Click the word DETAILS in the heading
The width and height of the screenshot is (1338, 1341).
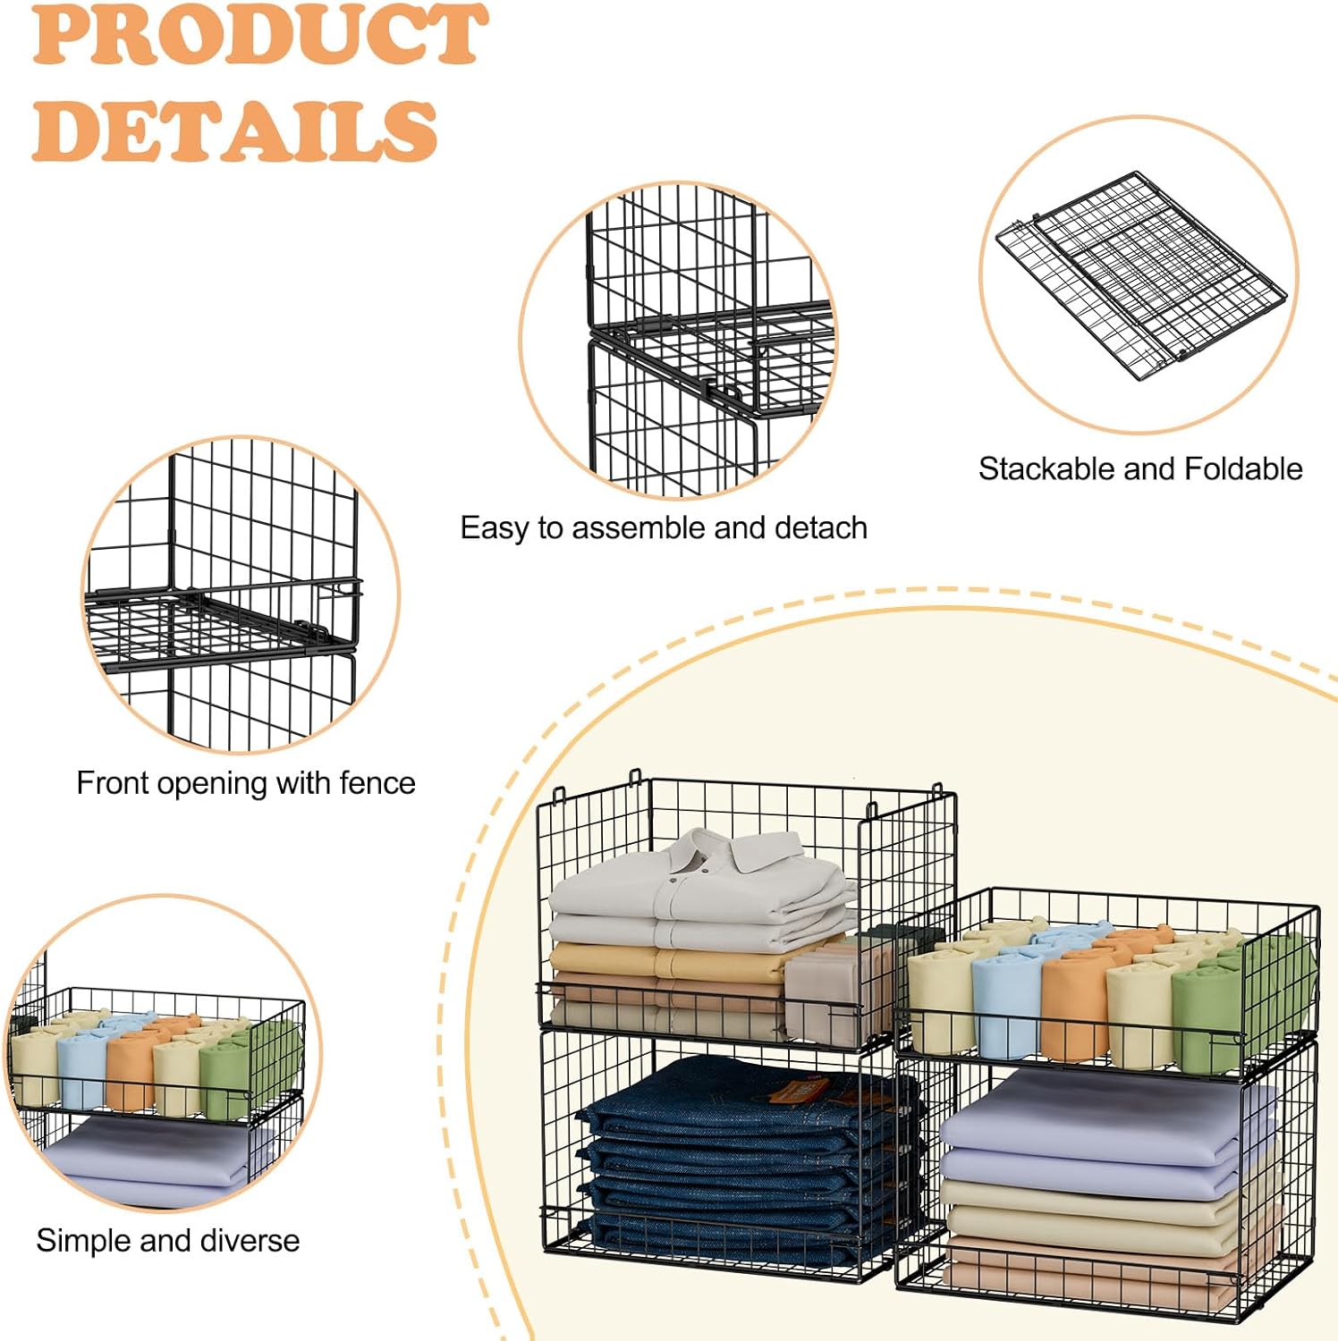[234, 131]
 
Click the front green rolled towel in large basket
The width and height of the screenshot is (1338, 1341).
[1208, 1019]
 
